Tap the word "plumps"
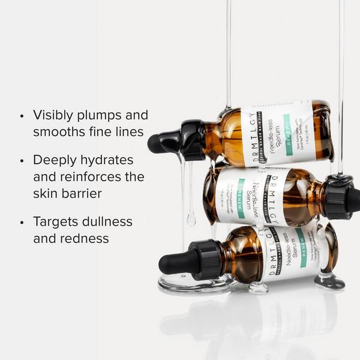pyautogui.click(x=102, y=116)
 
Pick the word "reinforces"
pyautogui.click(x=89, y=177)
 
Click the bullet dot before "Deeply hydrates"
pyautogui.click(x=22, y=161)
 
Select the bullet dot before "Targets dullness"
pyautogui.click(x=22, y=222)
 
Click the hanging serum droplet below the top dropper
pyautogui.click(x=191, y=220)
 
